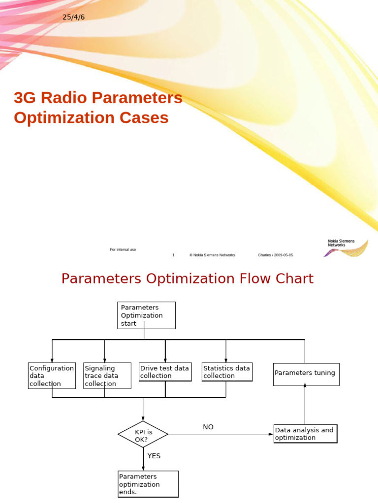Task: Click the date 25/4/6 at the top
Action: pos(74,18)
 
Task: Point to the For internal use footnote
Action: pos(123,250)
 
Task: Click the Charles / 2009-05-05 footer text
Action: pos(275,255)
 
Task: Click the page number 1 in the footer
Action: pos(173,255)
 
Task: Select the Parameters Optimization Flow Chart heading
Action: pos(187,279)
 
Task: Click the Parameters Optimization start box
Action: pos(147,315)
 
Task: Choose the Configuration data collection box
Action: pos(52,376)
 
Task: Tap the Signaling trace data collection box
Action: pos(107,376)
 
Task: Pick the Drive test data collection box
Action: pos(165,372)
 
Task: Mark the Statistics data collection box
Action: pos(227,372)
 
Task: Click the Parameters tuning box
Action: pos(306,374)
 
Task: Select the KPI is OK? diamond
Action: pos(143,434)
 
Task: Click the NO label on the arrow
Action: pos(208,427)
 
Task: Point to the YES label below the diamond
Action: pos(154,456)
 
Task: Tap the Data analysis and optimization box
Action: pos(305,434)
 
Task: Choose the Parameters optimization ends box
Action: pos(148,484)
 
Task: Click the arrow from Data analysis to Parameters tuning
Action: pos(305,405)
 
